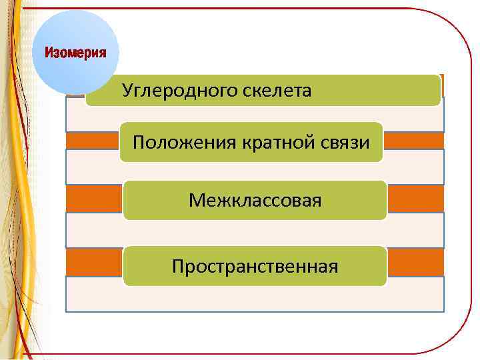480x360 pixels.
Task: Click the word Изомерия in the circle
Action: [x=75, y=53]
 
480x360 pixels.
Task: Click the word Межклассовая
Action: [x=255, y=200]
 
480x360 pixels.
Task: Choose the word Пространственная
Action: [x=255, y=267]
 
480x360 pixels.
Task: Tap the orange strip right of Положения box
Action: [x=413, y=141]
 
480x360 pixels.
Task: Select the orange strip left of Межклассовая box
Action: [x=94, y=198]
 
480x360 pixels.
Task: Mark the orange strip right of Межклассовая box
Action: [x=415, y=198]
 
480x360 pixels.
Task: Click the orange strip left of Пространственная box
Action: [x=94, y=262]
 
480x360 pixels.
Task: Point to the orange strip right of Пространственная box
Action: [x=415, y=262]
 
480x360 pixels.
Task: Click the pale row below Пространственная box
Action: [x=255, y=297]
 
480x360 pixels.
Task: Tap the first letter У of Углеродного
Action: [x=127, y=91]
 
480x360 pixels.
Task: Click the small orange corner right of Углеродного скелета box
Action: [x=443, y=85]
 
